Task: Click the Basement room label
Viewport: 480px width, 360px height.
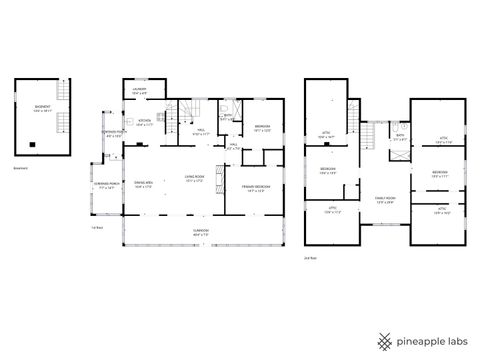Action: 43,109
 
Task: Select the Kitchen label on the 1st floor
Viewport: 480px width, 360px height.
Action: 144,122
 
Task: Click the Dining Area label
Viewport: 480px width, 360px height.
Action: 142,185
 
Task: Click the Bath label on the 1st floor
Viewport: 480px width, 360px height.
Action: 228,116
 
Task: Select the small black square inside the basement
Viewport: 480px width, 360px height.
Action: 33,143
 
